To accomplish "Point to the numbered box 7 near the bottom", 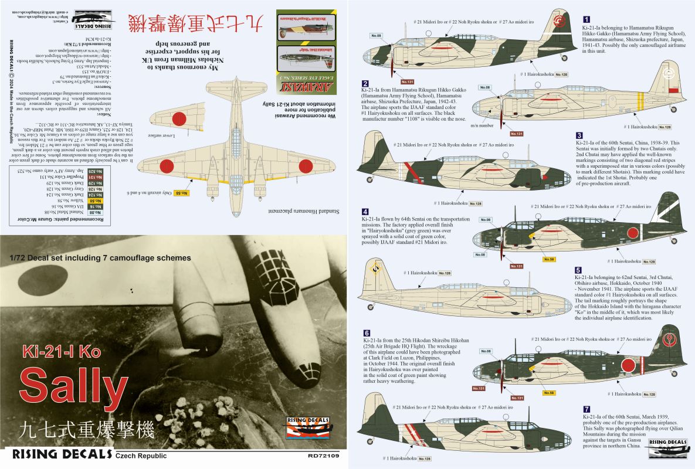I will coord(579,409).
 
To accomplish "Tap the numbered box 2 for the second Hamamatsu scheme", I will coord(365,84).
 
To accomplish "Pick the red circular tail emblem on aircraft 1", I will coord(558,24).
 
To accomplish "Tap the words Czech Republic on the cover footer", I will coord(141,456).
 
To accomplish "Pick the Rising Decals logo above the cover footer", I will coord(303,428).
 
